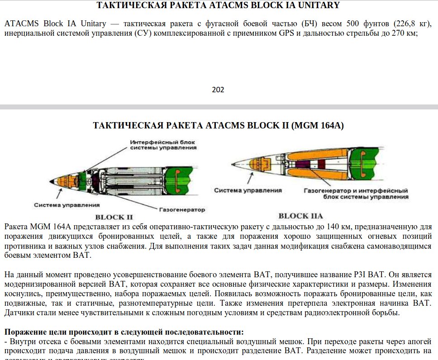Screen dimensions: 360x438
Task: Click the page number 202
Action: click(x=218, y=90)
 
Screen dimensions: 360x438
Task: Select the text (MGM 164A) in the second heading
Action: click(x=319, y=125)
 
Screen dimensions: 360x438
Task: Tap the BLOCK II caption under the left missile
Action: click(x=114, y=217)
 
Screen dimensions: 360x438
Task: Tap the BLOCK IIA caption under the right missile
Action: click(x=300, y=216)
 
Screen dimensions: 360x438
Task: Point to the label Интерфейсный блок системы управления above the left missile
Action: click(x=163, y=144)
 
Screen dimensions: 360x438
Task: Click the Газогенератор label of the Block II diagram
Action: click(x=182, y=210)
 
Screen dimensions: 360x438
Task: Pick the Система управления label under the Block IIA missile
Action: click(x=248, y=190)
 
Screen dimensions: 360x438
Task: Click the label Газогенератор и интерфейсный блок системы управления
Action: click(x=356, y=193)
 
